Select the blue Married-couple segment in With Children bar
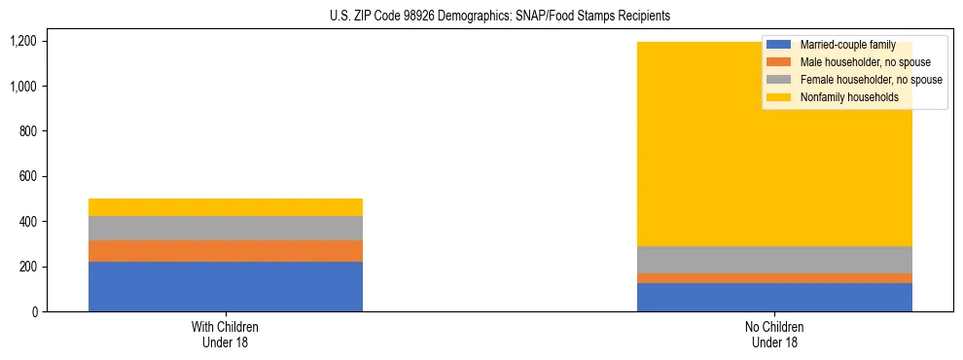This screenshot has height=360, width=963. (225, 286)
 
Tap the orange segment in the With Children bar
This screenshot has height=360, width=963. (225, 251)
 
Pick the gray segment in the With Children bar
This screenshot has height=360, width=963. (225, 228)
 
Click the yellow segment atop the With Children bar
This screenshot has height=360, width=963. (225, 207)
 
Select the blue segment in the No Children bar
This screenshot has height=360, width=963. (774, 297)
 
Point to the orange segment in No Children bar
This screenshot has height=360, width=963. (774, 278)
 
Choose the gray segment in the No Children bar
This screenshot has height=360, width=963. (774, 260)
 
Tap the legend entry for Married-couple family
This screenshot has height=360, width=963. (847, 45)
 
